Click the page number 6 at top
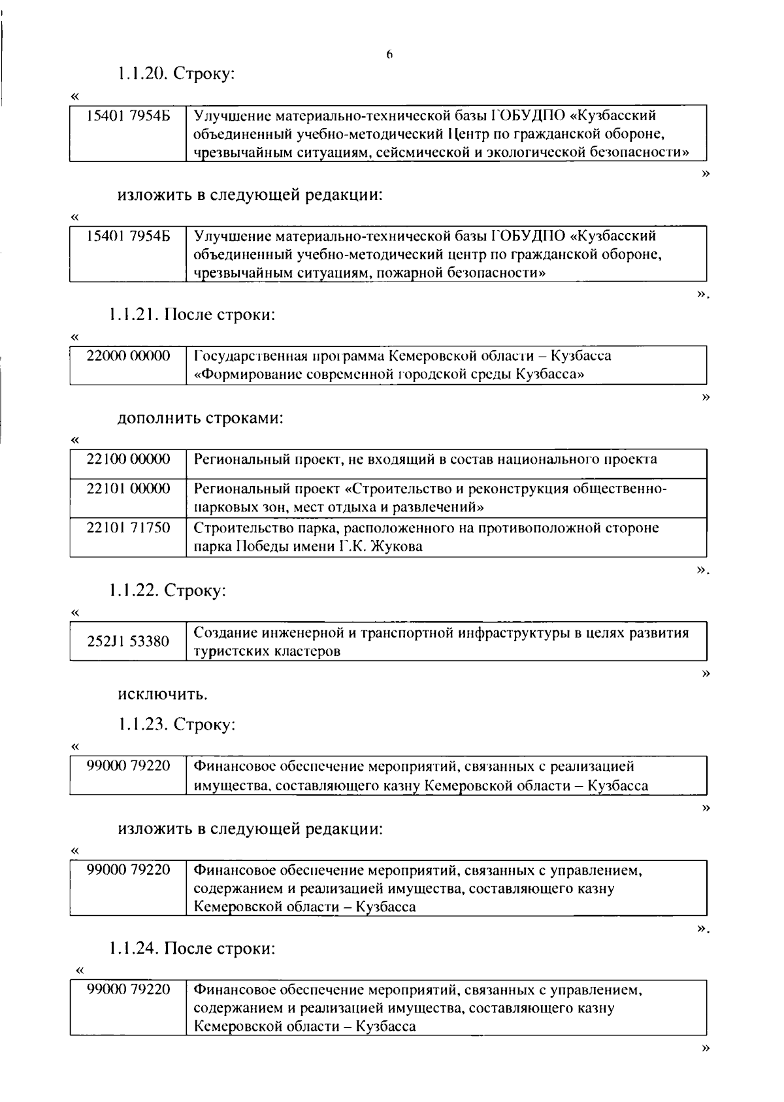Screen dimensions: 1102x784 (x=389, y=56)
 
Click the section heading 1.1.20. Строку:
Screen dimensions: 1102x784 (x=176, y=74)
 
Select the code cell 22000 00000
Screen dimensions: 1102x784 (x=128, y=356)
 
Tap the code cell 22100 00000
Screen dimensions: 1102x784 (x=128, y=459)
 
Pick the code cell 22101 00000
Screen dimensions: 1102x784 (x=128, y=489)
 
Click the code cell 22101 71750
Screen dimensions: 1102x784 (x=128, y=528)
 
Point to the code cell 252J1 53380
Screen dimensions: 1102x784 (x=128, y=641)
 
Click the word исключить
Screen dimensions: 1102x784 (x=163, y=693)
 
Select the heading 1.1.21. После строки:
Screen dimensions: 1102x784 (x=192, y=315)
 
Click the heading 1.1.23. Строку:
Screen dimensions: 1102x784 (x=176, y=724)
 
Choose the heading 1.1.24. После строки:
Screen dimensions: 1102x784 (x=192, y=948)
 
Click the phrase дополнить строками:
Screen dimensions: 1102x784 (x=200, y=418)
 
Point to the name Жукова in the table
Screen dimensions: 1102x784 (x=397, y=547)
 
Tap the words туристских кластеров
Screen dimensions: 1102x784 (x=267, y=651)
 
